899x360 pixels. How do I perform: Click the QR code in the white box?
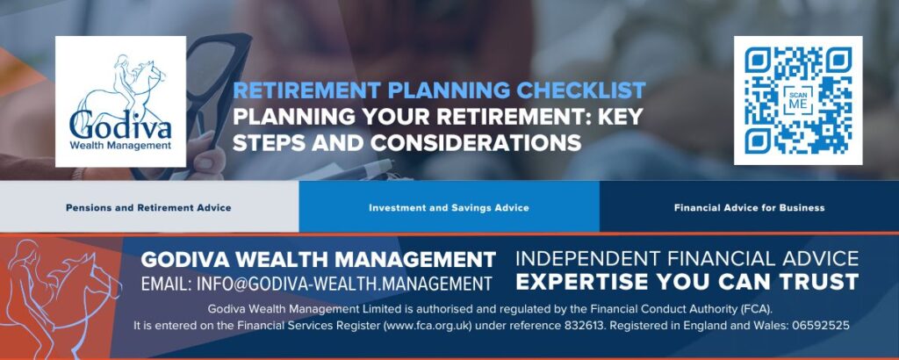coord(798,100)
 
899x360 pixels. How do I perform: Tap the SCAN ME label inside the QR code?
coord(797,100)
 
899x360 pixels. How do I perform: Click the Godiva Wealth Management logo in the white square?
coord(120,102)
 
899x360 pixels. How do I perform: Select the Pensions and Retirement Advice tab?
coord(149,207)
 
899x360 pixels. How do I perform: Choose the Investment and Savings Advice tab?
coord(449,207)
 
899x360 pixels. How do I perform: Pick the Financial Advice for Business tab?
coord(750,207)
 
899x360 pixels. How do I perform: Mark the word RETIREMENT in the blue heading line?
coord(307,90)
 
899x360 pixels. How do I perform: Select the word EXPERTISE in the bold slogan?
coord(579,282)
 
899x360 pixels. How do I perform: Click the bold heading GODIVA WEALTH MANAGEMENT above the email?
coord(318,260)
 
